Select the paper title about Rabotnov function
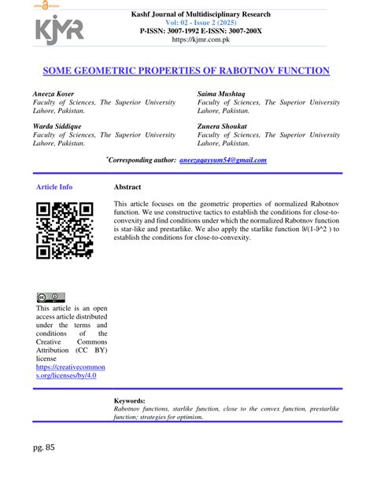[x=186, y=71]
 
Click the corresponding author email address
[x=223, y=160]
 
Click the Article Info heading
[x=54, y=187]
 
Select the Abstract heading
[x=127, y=187]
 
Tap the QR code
[x=65, y=230]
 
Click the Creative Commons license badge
[x=50, y=297]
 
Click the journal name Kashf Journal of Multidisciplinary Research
[x=203, y=13]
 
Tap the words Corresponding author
[x=142, y=160]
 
